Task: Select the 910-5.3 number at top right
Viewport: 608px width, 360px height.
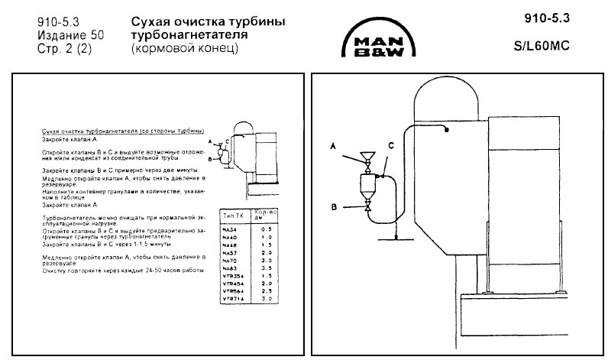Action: pos(547,17)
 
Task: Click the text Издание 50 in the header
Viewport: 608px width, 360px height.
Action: pos(70,35)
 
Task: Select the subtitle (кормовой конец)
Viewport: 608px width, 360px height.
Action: pos(185,48)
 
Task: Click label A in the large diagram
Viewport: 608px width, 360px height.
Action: pos(334,144)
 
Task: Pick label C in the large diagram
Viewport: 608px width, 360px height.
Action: pos(390,145)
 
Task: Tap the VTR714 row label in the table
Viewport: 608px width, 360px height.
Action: pos(231,299)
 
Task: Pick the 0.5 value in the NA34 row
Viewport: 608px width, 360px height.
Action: pos(266,228)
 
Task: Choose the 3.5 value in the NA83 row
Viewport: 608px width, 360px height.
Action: pos(266,268)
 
